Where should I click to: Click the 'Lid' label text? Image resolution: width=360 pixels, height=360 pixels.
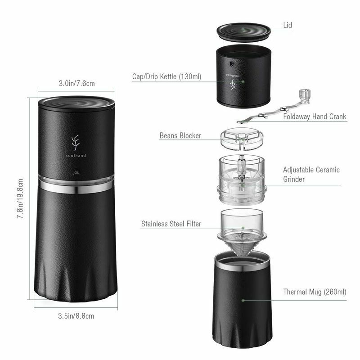[x=288, y=25]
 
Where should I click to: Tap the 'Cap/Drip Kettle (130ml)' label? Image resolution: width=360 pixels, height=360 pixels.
[x=166, y=76]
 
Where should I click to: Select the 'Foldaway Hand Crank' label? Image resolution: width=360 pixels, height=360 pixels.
[x=315, y=117]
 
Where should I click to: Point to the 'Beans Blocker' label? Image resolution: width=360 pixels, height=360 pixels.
[x=180, y=135]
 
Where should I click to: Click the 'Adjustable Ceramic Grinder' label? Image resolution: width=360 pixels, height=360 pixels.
[x=311, y=174]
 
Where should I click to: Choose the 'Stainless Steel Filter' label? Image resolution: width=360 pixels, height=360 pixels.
[x=171, y=224]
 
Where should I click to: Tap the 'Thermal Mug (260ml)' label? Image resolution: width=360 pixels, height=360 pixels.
[x=315, y=292]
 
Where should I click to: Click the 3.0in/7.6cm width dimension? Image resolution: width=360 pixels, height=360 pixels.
[x=76, y=83]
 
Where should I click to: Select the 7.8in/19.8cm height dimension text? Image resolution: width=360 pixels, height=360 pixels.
[x=20, y=198]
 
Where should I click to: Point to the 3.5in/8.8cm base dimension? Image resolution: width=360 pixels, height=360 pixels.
[x=76, y=316]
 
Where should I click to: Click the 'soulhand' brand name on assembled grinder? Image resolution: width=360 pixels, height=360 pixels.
[x=76, y=155]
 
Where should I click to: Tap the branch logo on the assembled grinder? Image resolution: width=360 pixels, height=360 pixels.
[x=75, y=143]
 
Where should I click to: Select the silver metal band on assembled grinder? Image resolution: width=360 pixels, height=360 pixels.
[x=76, y=186]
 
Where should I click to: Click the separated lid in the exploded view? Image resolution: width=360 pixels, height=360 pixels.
[x=243, y=32]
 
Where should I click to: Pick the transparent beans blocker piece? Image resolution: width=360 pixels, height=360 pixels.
[x=242, y=139]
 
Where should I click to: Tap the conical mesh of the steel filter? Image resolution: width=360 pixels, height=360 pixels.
[x=242, y=244]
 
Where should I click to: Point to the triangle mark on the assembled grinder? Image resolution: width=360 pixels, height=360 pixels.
[x=76, y=172]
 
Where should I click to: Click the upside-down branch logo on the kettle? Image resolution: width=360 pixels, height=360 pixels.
[x=233, y=85]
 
